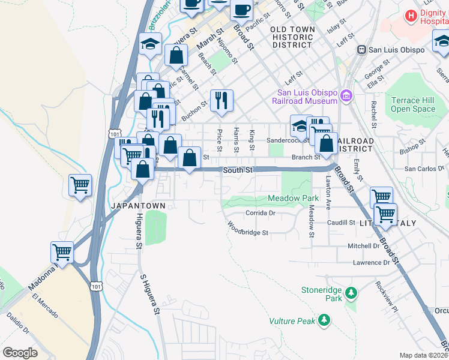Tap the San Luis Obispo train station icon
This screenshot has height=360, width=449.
(x=362, y=50)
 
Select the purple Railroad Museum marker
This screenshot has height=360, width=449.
(x=346, y=95)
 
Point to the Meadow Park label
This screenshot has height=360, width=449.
(x=293, y=198)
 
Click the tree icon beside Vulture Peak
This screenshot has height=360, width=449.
(x=325, y=320)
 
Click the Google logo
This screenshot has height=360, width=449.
(x=19, y=352)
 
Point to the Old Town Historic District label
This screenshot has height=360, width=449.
(x=292, y=37)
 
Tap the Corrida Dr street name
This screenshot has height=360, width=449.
(x=260, y=213)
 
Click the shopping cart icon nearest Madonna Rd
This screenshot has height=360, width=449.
(x=62, y=251)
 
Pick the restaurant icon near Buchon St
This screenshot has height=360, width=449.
(x=221, y=101)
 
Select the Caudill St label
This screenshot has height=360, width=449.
(x=341, y=223)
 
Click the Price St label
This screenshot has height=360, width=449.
(x=220, y=140)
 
